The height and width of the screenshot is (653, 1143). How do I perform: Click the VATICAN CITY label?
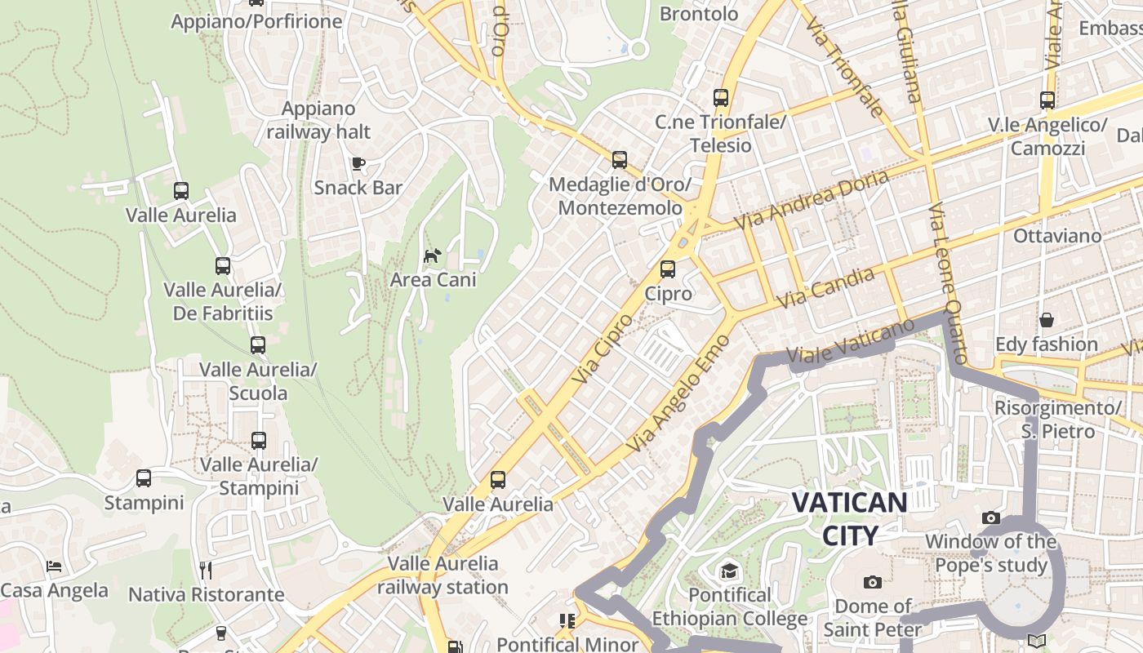850,518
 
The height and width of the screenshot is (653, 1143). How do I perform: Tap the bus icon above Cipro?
668,269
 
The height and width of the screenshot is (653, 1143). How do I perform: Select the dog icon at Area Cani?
432,255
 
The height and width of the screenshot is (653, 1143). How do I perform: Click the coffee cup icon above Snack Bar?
358,163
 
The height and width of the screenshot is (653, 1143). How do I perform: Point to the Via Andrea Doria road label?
811,200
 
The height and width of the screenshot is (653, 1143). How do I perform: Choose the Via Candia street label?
825,288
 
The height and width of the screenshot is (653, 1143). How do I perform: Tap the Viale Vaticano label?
851,342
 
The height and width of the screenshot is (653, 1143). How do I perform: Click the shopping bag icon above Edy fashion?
1046,320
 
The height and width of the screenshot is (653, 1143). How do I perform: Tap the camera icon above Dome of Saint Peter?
873,582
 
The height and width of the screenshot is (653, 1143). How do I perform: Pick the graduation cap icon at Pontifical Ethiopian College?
728,571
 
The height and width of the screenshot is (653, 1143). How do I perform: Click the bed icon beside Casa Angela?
54,566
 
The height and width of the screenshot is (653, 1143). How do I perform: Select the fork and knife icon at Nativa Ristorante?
206,570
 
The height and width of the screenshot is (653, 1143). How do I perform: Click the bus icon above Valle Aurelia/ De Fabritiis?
223,265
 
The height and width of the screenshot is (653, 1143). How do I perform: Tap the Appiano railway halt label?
318,120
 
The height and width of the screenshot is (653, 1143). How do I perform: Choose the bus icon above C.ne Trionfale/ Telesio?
721,98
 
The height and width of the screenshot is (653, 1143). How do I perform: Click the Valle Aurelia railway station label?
443,575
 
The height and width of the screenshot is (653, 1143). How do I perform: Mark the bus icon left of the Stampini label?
144,478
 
